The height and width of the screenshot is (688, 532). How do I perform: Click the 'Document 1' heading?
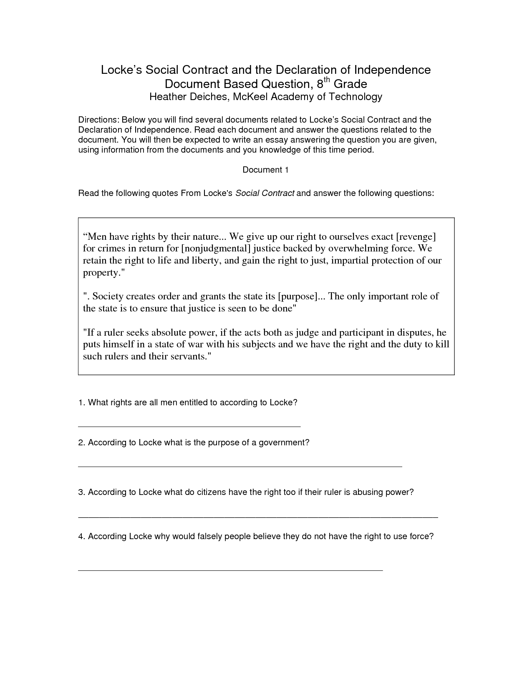click(266, 170)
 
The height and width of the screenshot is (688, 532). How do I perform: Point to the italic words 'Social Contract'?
click(265, 193)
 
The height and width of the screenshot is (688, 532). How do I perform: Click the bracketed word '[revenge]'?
click(416, 237)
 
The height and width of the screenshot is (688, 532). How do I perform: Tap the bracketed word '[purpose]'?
click(298, 296)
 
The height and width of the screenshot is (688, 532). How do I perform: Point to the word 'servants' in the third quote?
click(189, 357)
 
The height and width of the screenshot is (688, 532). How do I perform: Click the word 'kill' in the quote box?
click(441, 344)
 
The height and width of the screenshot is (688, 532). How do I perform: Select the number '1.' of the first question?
click(82, 403)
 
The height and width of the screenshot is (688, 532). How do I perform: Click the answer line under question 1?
click(189, 426)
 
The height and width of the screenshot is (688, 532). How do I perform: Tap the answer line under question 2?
click(240, 466)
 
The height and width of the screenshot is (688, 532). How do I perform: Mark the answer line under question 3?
click(258, 517)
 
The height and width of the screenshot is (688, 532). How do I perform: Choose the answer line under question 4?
click(230, 569)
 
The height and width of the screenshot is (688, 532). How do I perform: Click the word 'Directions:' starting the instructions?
click(98, 120)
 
